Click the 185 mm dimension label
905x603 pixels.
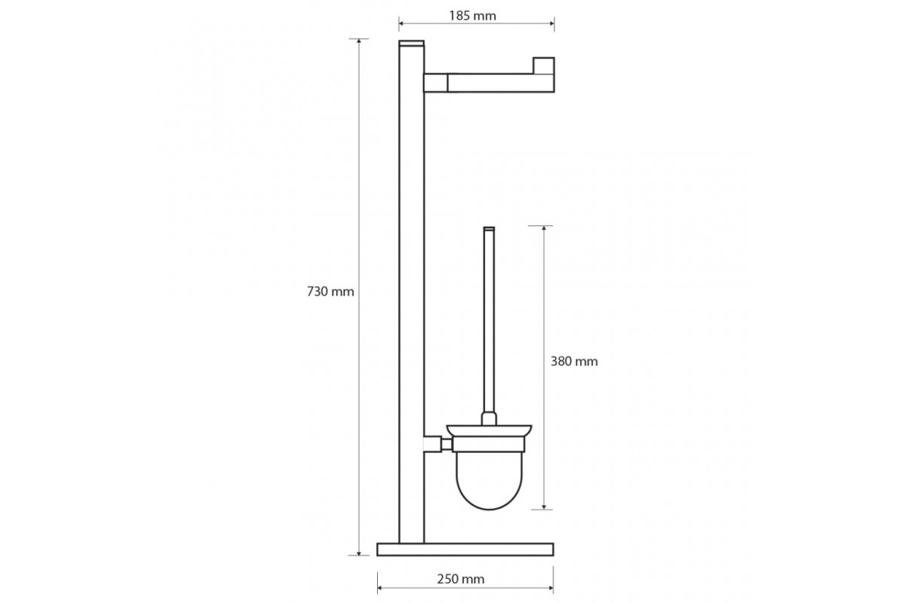472,16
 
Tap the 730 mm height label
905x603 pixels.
330,292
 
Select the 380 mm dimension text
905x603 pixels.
574,362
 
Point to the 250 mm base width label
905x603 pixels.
461,580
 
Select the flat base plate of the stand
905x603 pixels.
465,549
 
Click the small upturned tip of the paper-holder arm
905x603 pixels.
544,66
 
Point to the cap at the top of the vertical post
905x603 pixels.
411,44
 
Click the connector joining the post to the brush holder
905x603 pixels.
438,444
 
